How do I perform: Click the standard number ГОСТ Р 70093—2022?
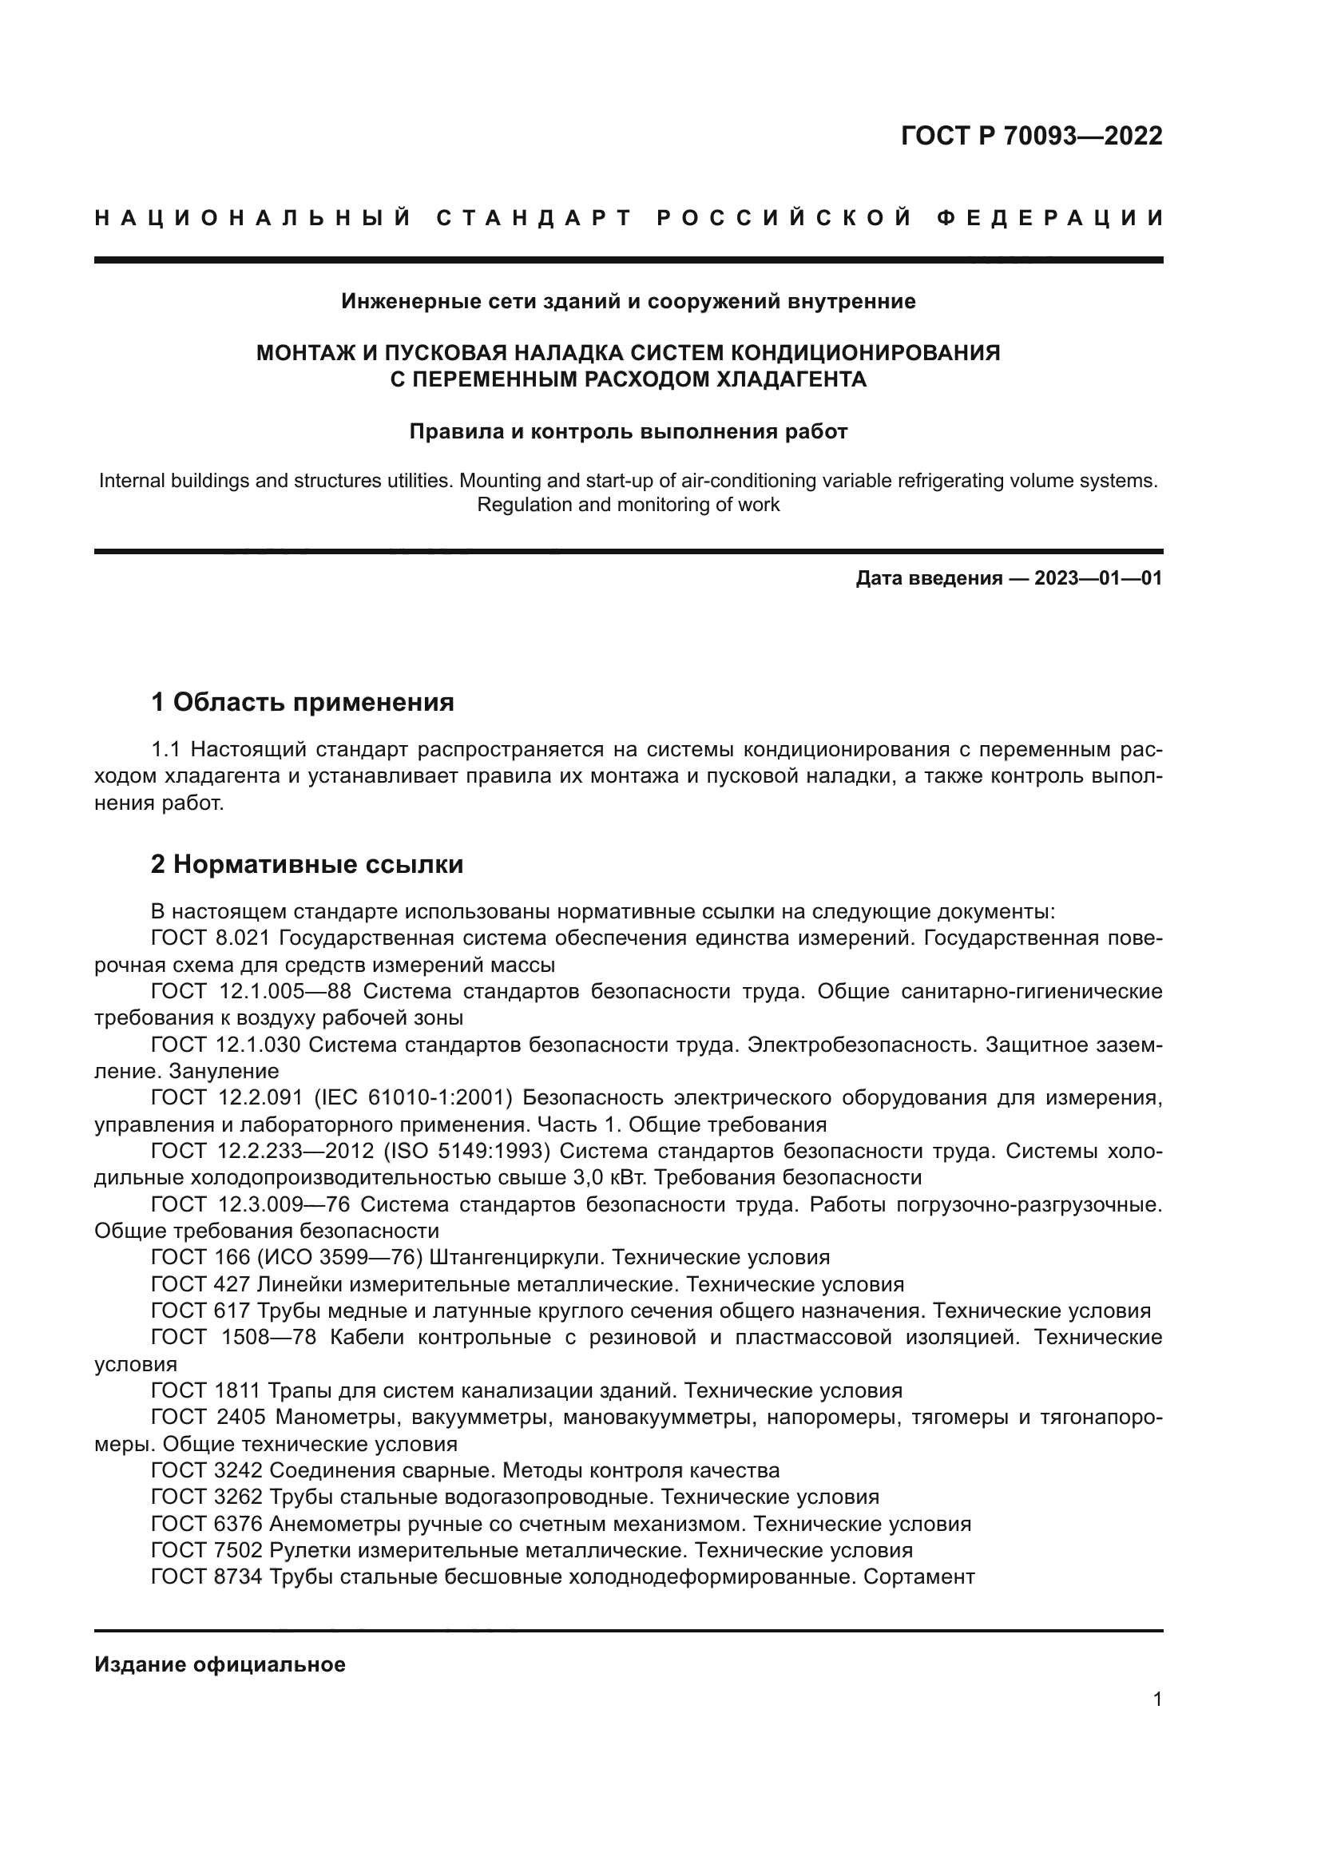[x=1030, y=136]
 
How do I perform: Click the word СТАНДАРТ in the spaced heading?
[x=534, y=218]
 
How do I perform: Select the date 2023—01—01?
[x=1097, y=578]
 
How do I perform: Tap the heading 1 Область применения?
[x=302, y=701]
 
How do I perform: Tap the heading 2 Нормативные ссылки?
[x=307, y=864]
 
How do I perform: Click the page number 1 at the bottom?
[x=1156, y=1699]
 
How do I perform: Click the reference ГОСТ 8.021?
[x=210, y=938]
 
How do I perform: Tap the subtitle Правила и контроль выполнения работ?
[x=628, y=431]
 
